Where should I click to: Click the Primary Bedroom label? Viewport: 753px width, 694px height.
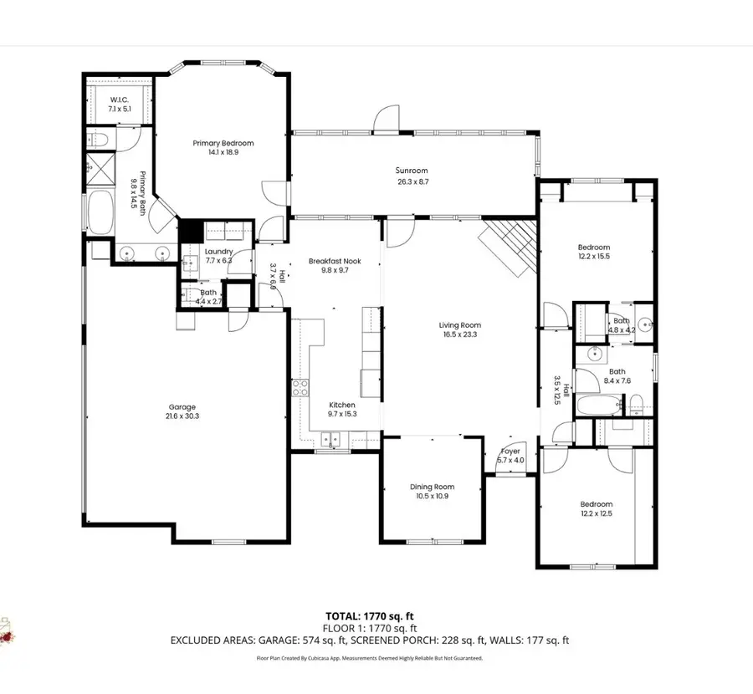pyautogui.click(x=223, y=143)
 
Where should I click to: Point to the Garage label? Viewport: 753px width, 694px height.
pyautogui.click(x=181, y=407)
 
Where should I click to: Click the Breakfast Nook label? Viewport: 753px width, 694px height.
pyautogui.click(x=334, y=261)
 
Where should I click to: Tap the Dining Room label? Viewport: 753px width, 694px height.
pyautogui.click(x=432, y=487)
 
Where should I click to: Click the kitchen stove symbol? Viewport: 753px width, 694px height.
pyautogui.click(x=300, y=388)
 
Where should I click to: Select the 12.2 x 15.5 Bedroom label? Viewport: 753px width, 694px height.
pyautogui.click(x=594, y=247)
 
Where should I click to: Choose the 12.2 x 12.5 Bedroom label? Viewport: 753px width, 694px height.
pyautogui.click(x=597, y=504)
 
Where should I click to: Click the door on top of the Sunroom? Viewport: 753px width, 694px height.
pyautogui.click(x=387, y=119)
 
